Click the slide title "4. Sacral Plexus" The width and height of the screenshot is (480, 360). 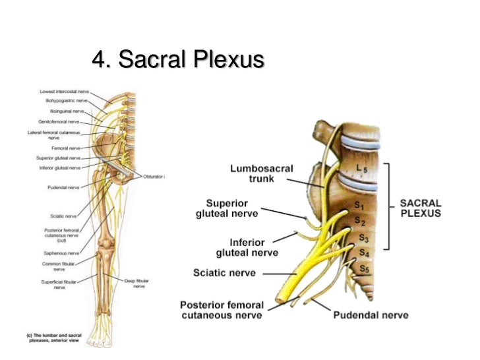tap(178, 61)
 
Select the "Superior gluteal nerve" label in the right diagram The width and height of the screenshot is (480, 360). tap(227, 208)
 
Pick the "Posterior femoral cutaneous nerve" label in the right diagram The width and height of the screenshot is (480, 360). tap(222, 310)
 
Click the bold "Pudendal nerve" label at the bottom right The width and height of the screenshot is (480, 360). tap(371, 315)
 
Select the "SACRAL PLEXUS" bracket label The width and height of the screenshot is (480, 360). tap(420, 208)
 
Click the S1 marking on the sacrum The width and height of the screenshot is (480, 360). tap(359, 207)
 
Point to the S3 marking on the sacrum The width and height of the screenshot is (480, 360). tap(363, 236)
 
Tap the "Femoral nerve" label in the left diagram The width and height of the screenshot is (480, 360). tap(66, 148)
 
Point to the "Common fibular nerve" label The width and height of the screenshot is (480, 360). tap(60, 266)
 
